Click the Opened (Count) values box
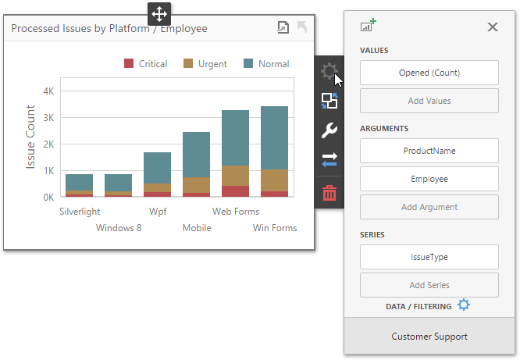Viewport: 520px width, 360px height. (429, 73)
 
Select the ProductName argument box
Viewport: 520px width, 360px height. (429, 151)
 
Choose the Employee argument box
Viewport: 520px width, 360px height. (429, 179)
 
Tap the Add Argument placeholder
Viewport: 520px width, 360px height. (429, 207)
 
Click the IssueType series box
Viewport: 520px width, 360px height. (429, 256)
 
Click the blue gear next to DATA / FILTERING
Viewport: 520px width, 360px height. (464, 305)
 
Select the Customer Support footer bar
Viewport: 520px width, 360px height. (429, 337)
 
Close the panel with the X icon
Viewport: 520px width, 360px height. (493, 27)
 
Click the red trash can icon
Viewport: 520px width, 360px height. (329, 193)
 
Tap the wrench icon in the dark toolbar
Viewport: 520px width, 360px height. (329, 130)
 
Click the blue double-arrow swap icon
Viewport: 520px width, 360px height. (329, 160)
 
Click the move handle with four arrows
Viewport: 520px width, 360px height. (158, 13)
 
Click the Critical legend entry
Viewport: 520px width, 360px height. (146, 64)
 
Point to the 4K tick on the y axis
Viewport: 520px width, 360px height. (48, 91)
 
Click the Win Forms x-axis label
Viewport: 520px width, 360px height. (274, 228)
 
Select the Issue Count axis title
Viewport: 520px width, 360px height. (31, 144)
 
